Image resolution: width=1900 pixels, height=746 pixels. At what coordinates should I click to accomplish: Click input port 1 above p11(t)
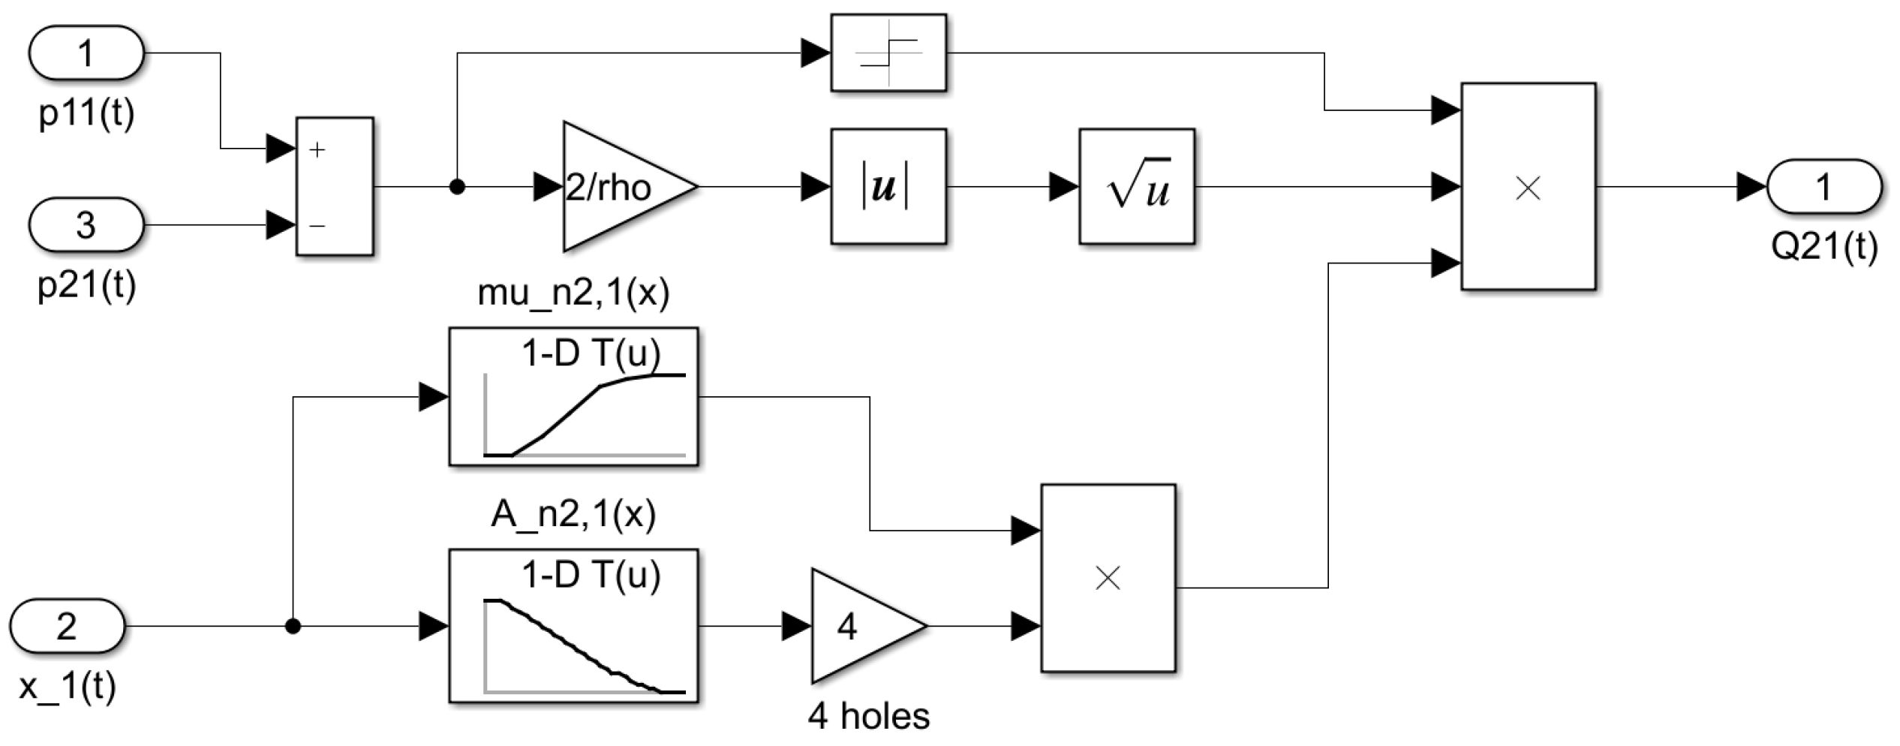[86, 53]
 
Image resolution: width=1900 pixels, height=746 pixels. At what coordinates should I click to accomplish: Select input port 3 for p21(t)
[86, 225]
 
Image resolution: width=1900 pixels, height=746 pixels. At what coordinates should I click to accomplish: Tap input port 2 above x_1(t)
[67, 626]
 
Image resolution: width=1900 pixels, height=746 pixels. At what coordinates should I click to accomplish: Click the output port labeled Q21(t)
[1823, 187]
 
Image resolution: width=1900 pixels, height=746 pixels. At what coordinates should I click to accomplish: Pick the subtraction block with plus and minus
[335, 187]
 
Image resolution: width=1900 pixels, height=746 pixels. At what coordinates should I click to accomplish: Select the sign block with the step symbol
[888, 53]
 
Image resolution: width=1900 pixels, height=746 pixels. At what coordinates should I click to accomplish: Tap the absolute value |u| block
[888, 187]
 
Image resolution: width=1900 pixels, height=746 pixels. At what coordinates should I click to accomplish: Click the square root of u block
[1137, 187]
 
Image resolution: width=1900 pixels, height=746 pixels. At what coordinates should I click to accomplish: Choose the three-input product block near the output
[1528, 187]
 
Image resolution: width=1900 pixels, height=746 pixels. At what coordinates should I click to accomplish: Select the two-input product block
[1108, 578]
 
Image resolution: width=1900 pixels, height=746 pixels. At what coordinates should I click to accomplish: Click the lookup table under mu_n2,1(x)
[573, 397]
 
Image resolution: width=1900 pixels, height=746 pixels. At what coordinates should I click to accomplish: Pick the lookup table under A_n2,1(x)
[573, 626]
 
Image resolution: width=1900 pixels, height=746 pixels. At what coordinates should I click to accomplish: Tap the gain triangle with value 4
[859, 626]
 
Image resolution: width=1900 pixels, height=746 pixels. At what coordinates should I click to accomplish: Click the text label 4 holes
[868, 717]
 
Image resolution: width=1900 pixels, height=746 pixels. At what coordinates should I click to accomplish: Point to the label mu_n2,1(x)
[573, 293]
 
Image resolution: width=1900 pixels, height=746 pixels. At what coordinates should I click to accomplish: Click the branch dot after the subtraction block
[456, 187]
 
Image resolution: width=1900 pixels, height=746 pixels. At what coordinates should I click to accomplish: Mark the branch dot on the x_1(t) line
[293, 626]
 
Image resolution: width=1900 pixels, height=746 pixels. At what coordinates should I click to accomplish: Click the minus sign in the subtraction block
[317, 225]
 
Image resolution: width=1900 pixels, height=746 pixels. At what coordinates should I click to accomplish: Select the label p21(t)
[86, 285]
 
